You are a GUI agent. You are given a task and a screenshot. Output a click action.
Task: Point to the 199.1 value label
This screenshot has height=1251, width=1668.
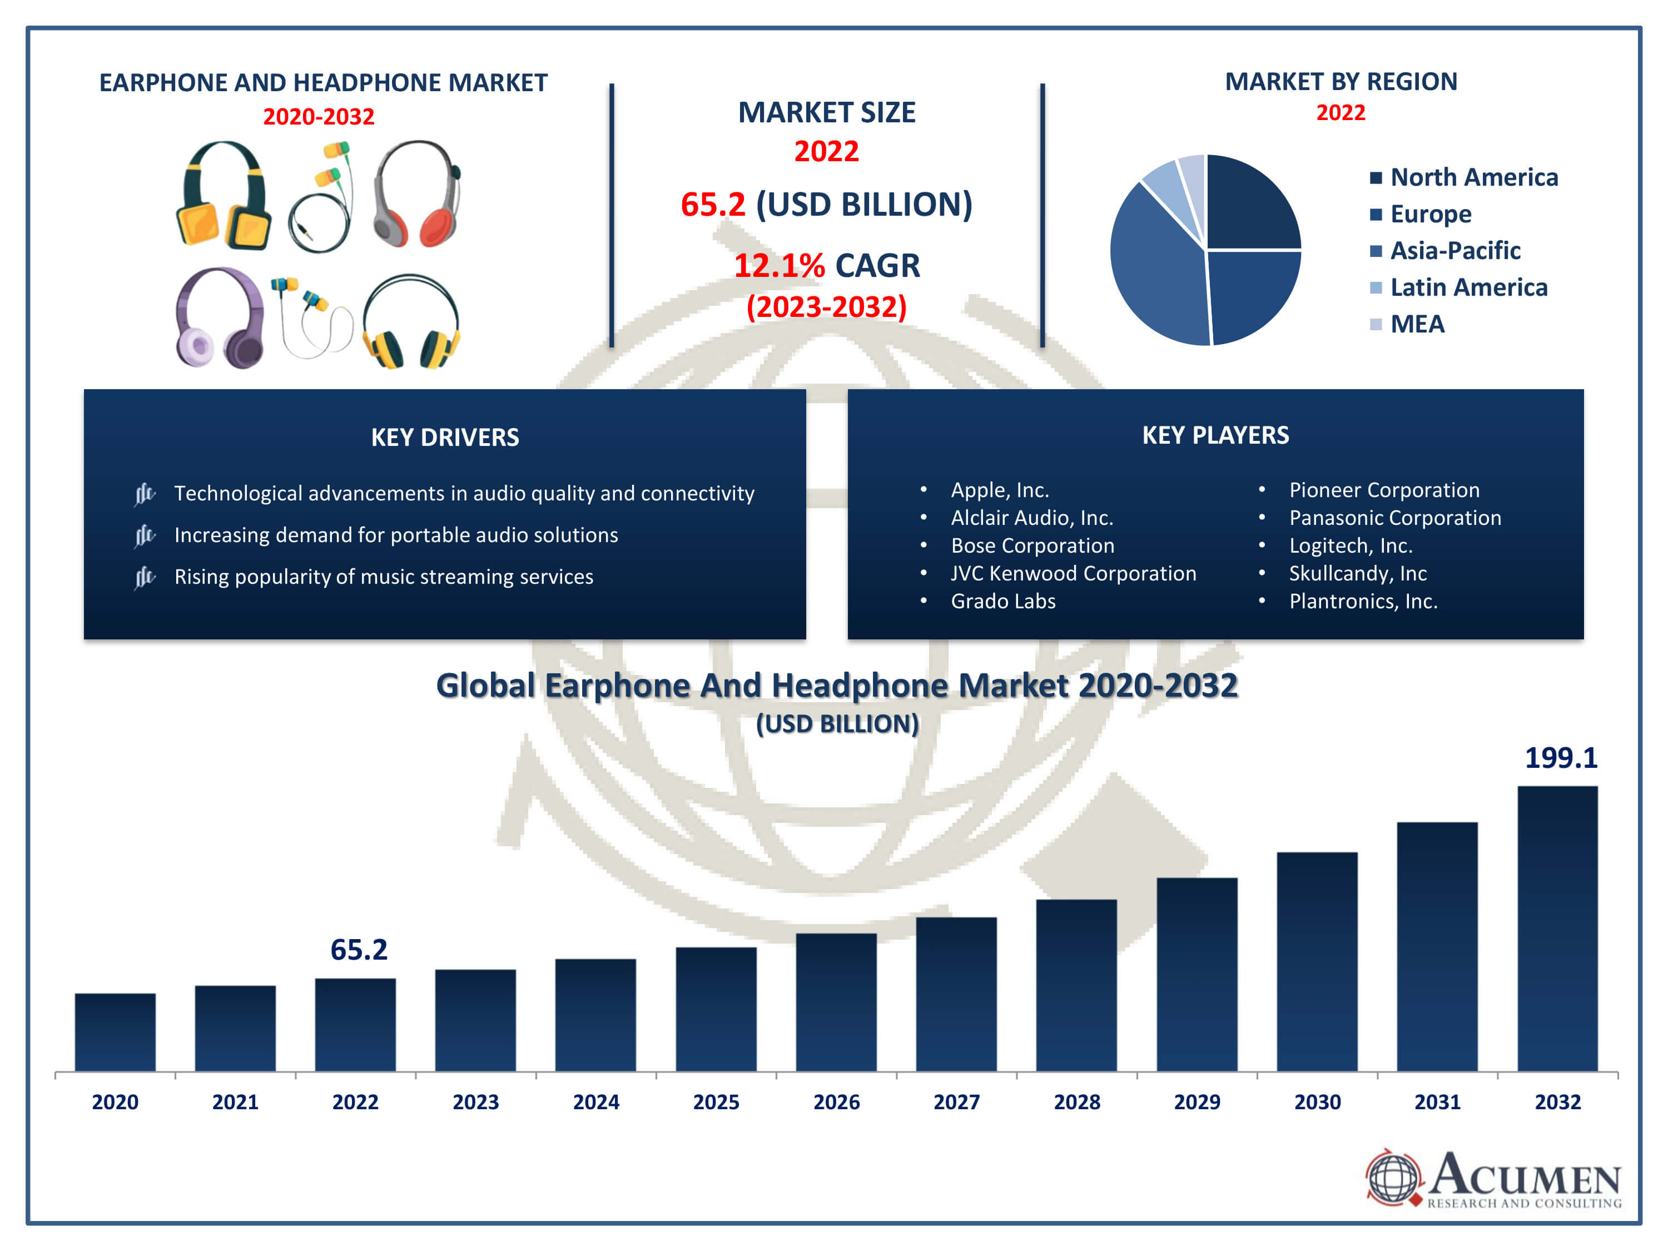pyautogui.click(x=1560, y=758)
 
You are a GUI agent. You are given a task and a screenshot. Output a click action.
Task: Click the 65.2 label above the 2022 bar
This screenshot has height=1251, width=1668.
pyautogui.click(x=359, y=950)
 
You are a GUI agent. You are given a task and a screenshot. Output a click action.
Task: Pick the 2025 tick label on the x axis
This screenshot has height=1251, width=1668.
pyautogui.click(x=716, y=1101)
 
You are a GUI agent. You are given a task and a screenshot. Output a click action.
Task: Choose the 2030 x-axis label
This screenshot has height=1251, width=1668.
pyautogui.click(x=1317, y=1101)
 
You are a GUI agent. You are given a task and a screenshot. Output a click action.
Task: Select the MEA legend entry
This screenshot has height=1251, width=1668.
pyautogui.click(x=1408, y=324)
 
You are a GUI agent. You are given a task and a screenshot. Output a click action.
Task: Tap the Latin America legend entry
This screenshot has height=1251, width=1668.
pyautogui.click(x=1459, y=287)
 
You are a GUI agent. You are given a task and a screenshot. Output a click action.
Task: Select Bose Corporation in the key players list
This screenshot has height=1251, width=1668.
pyautogui.click(x=1031, y=545)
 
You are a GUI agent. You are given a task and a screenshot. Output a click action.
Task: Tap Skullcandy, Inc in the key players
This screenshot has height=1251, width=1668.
pyautogui.click(x=1357, y=573)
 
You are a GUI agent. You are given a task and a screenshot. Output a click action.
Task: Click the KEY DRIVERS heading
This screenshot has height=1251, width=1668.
pyautogui.click(x=445, y=438)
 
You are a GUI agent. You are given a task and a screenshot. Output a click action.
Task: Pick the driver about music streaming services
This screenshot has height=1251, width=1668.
pyautogui.click(x=384, y=577)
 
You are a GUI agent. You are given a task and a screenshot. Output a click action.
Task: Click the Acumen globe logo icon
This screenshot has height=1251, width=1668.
pyautogui.click(x=1392, y=1177)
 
